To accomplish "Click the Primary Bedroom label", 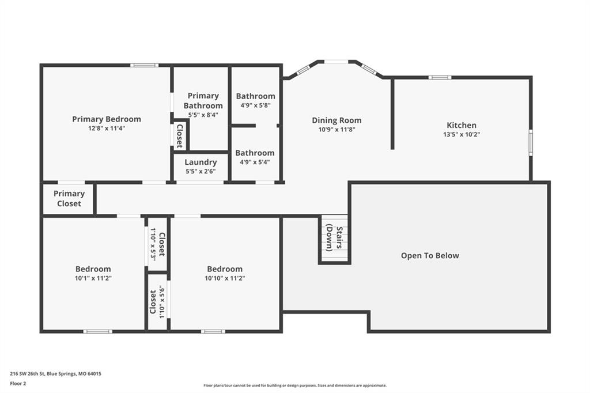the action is (x=107, y=119).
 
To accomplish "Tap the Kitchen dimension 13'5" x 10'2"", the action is (x=462, y=134).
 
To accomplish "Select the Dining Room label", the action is (x=336, y=120).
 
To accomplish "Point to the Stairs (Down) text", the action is (x=334, y=238).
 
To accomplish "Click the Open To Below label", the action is (x=430, y=256).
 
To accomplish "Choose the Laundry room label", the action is (x=201, y=163).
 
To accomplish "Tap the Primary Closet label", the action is (x=69, y=198).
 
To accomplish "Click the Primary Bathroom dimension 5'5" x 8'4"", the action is (x=203, y=115).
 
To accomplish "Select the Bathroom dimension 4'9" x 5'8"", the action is (x=255, y=105).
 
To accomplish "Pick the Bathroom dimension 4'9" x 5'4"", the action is (x=255, y=163).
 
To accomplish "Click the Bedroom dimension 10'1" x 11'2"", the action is (x=93, y=278).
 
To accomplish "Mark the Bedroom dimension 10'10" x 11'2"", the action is (x=225, y=278).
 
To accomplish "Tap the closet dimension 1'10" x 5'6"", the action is (x=162, y=303).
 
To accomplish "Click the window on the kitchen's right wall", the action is (x=531, y=142).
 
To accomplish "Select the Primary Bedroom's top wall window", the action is (x=145, y=65).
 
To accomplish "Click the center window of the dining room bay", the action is (x=336, y=61).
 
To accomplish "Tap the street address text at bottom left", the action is (x=55, y=374).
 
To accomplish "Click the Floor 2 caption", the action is (x=18, y=384).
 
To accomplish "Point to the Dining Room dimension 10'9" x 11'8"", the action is (x=336, y=130).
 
